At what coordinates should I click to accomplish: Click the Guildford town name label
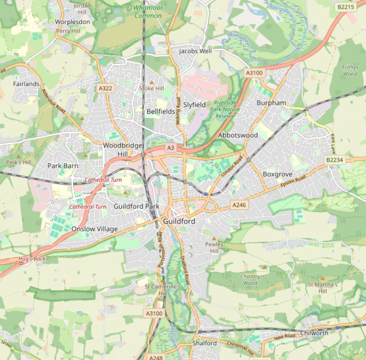[x=179, y=221]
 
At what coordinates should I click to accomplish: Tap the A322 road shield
[x=106, y=88]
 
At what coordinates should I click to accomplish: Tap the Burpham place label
[x=271, y=103]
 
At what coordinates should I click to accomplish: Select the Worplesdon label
[x=72, y=22]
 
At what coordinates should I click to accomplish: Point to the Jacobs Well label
[x=195, y=51]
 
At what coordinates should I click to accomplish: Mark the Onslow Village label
[x=94, y=229]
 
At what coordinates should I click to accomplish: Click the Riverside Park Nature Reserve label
[x=225, y=109]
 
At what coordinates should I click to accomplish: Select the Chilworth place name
[x=314, y=333]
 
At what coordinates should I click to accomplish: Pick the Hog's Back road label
[x=32, y=259]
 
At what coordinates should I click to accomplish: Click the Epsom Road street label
[x=293, y=182]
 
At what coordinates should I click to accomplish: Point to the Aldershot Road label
[x=53, y=101]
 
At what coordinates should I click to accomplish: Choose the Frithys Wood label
[x=350, y=70]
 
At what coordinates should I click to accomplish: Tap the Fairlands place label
[x=26, y=84]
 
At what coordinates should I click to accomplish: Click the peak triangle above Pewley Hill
[x=214, y=238]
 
